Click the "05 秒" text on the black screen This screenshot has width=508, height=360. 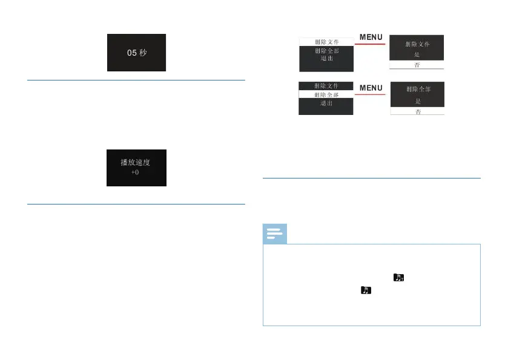click(x=136, y=53)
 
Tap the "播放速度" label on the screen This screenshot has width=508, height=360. click(x=136, y=162)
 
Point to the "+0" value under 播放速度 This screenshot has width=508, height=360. click(x=136, y=172)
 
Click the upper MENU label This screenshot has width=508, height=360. click(x=371, y=37)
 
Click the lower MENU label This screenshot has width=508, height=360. click(x=371, y=88)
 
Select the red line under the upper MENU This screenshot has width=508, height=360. click(x=371, y=44)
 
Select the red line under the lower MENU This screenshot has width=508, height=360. click(x=371, y=94)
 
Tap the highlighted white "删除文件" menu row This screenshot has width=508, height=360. click(x=326, y=42)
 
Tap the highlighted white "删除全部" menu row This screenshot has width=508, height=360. click(x=326, y=94)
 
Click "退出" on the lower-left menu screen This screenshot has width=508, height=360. click(x=326, y=103)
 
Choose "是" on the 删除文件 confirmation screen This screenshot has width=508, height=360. click(x=417, y=54)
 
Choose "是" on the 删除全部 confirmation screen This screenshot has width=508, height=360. click(x=417, y=101)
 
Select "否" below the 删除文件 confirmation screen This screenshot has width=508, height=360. click(x=417, y=64)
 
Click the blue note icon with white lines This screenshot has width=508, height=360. click(x=275, y=234)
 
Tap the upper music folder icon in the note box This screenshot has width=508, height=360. click(x=398, y=278)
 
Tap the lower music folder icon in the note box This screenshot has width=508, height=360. click(x=365, y=291)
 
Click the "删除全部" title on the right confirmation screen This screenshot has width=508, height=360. click(x=417, y=88)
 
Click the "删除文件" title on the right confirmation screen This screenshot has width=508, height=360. click(x=417, y=44)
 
